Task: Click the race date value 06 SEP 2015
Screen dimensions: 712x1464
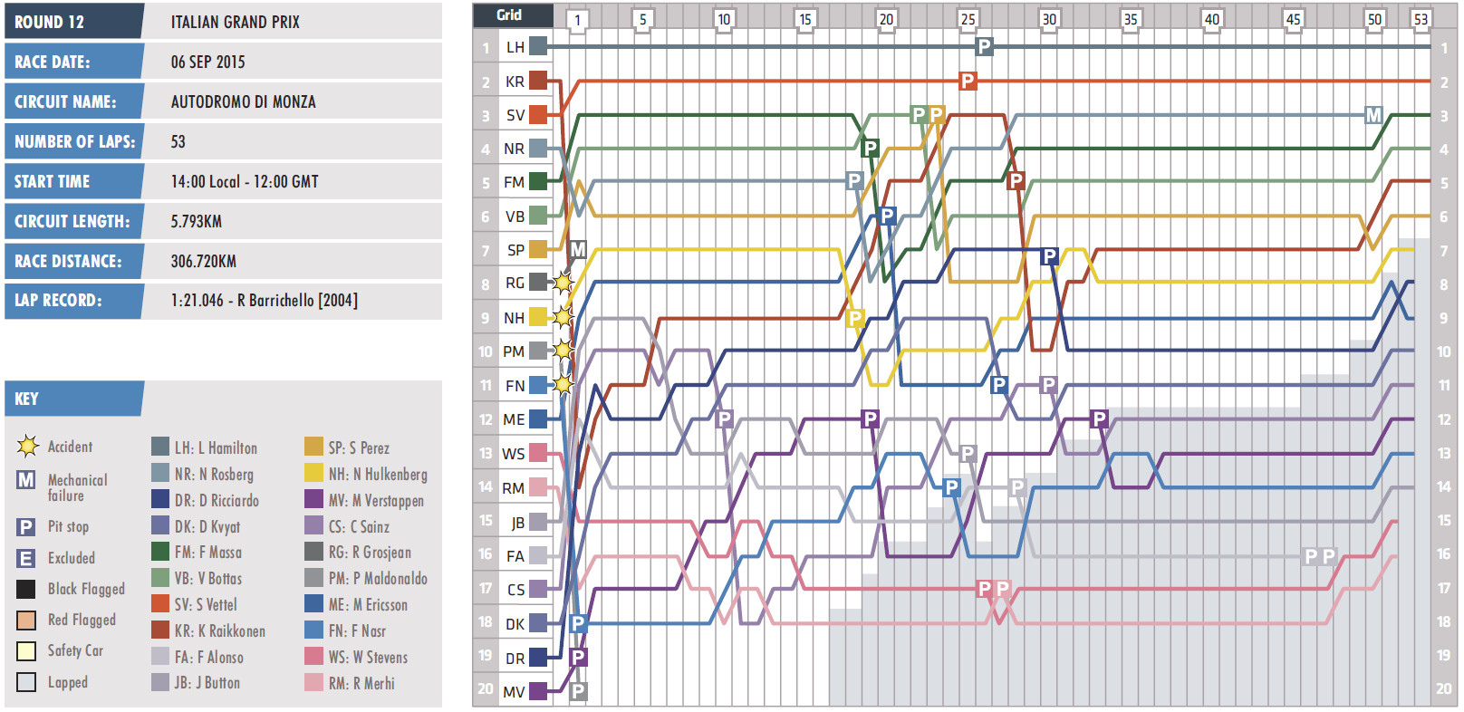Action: pos(207,62)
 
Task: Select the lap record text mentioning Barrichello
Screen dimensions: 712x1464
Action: pos(264,300)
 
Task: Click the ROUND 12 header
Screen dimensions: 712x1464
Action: pos(49,22)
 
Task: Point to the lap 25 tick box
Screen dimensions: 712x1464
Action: pos(968,19)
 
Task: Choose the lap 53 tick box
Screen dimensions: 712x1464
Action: pos(1420,19)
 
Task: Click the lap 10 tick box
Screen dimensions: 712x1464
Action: pos(723,19)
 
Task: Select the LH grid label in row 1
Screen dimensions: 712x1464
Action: pos(515,47)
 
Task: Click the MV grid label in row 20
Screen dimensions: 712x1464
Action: pos(514,691)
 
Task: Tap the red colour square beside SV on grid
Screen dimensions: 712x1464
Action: pos(538,115)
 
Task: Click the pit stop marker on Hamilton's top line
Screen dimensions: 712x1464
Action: pos(984,46)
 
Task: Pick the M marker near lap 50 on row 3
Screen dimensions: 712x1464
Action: pos(1373,115)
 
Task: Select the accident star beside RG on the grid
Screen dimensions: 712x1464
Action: pos(563,283)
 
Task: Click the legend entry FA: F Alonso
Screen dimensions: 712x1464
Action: pos(208,657)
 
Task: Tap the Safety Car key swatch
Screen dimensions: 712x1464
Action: pos(26,651)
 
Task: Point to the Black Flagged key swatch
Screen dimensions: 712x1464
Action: pos(26,590)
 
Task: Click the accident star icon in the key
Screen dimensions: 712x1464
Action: pos(27,446)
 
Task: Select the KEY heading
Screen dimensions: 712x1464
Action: pos(27,399)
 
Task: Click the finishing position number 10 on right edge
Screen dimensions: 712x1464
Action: pos(1443,351)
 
